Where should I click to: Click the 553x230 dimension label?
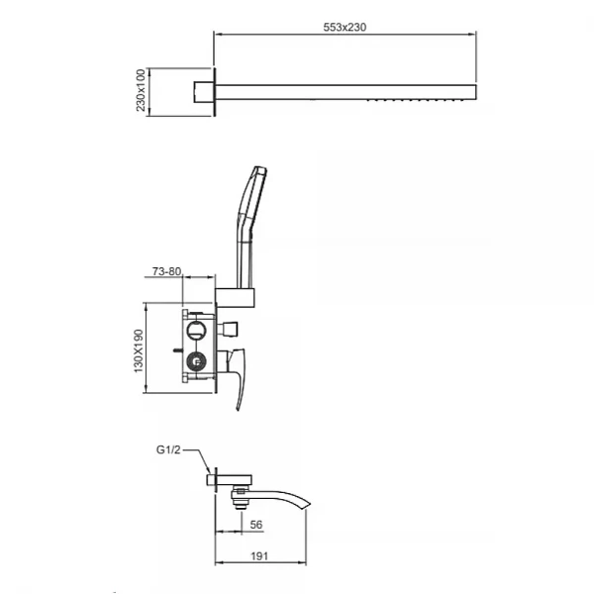click(345, 27)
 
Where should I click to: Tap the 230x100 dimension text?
click(141, 90)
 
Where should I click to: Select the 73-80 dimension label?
click(166, 271)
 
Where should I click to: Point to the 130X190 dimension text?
click(139, 350)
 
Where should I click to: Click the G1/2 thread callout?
click(168, 450)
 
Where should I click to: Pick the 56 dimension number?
click(256, 525)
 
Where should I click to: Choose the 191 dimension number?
click(259, 556)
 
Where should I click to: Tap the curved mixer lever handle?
click(238, 379)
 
